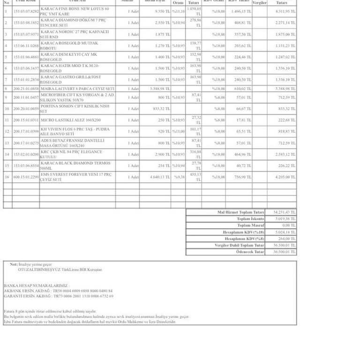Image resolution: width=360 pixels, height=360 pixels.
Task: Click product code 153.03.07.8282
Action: click(26, 11)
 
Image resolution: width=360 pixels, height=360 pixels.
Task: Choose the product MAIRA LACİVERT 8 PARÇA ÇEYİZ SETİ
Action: click(77, 89)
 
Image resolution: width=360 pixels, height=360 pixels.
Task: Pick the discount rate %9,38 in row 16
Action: click(179, 177)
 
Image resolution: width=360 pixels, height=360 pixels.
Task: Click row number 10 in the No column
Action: click(7, 109)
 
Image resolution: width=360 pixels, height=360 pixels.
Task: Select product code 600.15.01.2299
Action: click(26, 177)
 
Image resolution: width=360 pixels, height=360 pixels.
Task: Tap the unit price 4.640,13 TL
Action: click(159, 177)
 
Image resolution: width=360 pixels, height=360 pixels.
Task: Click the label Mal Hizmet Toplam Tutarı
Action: click(240, 212)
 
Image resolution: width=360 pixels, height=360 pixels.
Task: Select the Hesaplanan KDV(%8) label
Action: click(247, 239)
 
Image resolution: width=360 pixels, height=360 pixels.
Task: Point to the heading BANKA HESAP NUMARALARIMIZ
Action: click(36, 285)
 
